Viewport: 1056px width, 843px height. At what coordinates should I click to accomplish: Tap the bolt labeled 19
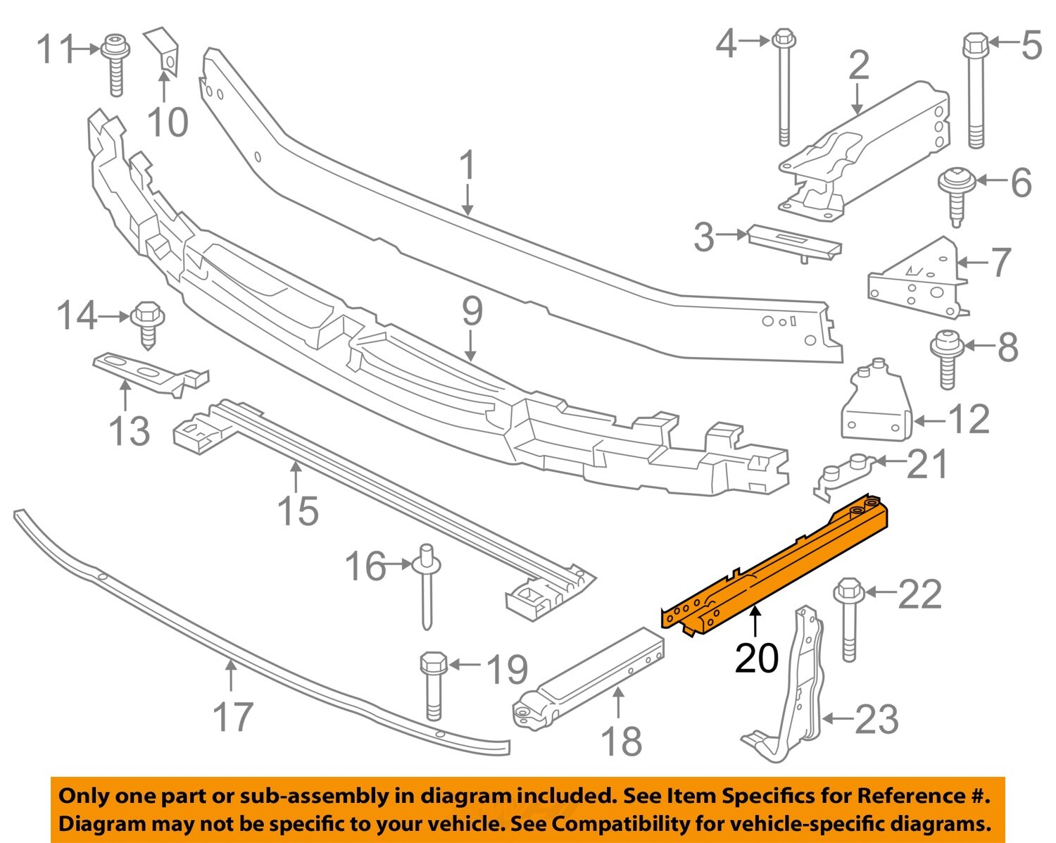(433, 683)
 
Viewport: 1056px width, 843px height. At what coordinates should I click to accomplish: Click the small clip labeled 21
(845, 474)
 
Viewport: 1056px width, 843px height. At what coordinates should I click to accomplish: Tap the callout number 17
(232, 716)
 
